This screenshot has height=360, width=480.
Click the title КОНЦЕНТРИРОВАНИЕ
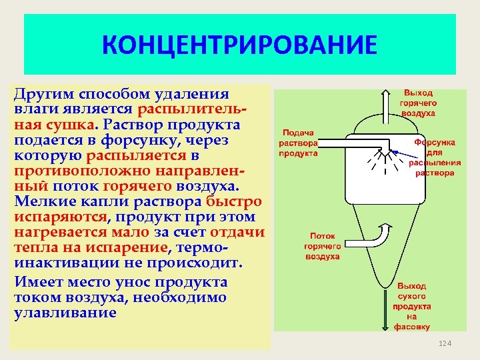pyautogui.click(x=239, y=46)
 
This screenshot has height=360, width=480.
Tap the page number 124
pyautogui.click(x=445, y=343)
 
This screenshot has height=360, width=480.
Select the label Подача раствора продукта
pyautogui.click(x=298, y=143)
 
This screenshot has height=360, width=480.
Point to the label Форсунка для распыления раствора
pyautogui.click(x=435, y=157)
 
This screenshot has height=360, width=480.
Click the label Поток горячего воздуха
pyautogui.click(x=322, y=245)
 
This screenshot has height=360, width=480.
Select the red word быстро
pyautogui.click(x=234, y=201)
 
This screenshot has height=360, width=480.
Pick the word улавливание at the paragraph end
pyautogui.click(x=65, y=313)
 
